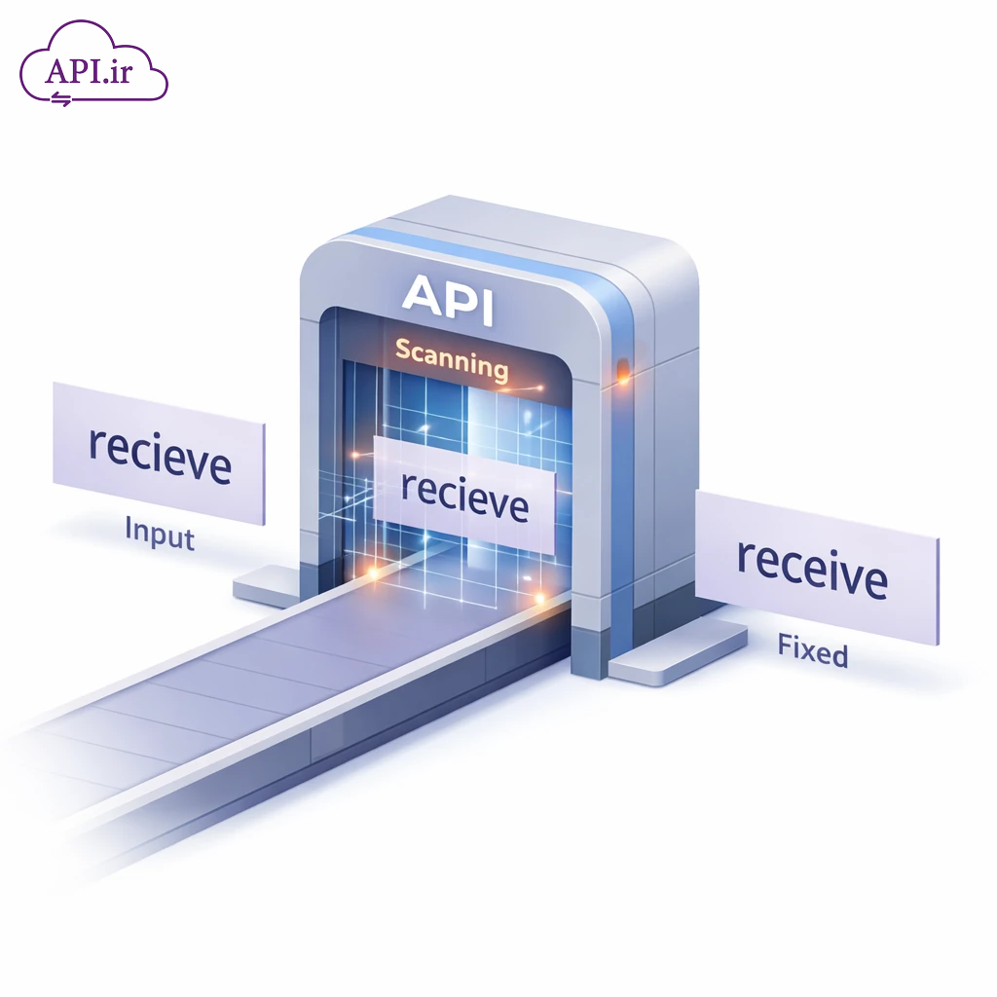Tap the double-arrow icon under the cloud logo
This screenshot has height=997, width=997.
61,98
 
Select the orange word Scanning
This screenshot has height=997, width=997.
451,359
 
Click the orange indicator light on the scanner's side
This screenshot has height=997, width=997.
623,372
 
